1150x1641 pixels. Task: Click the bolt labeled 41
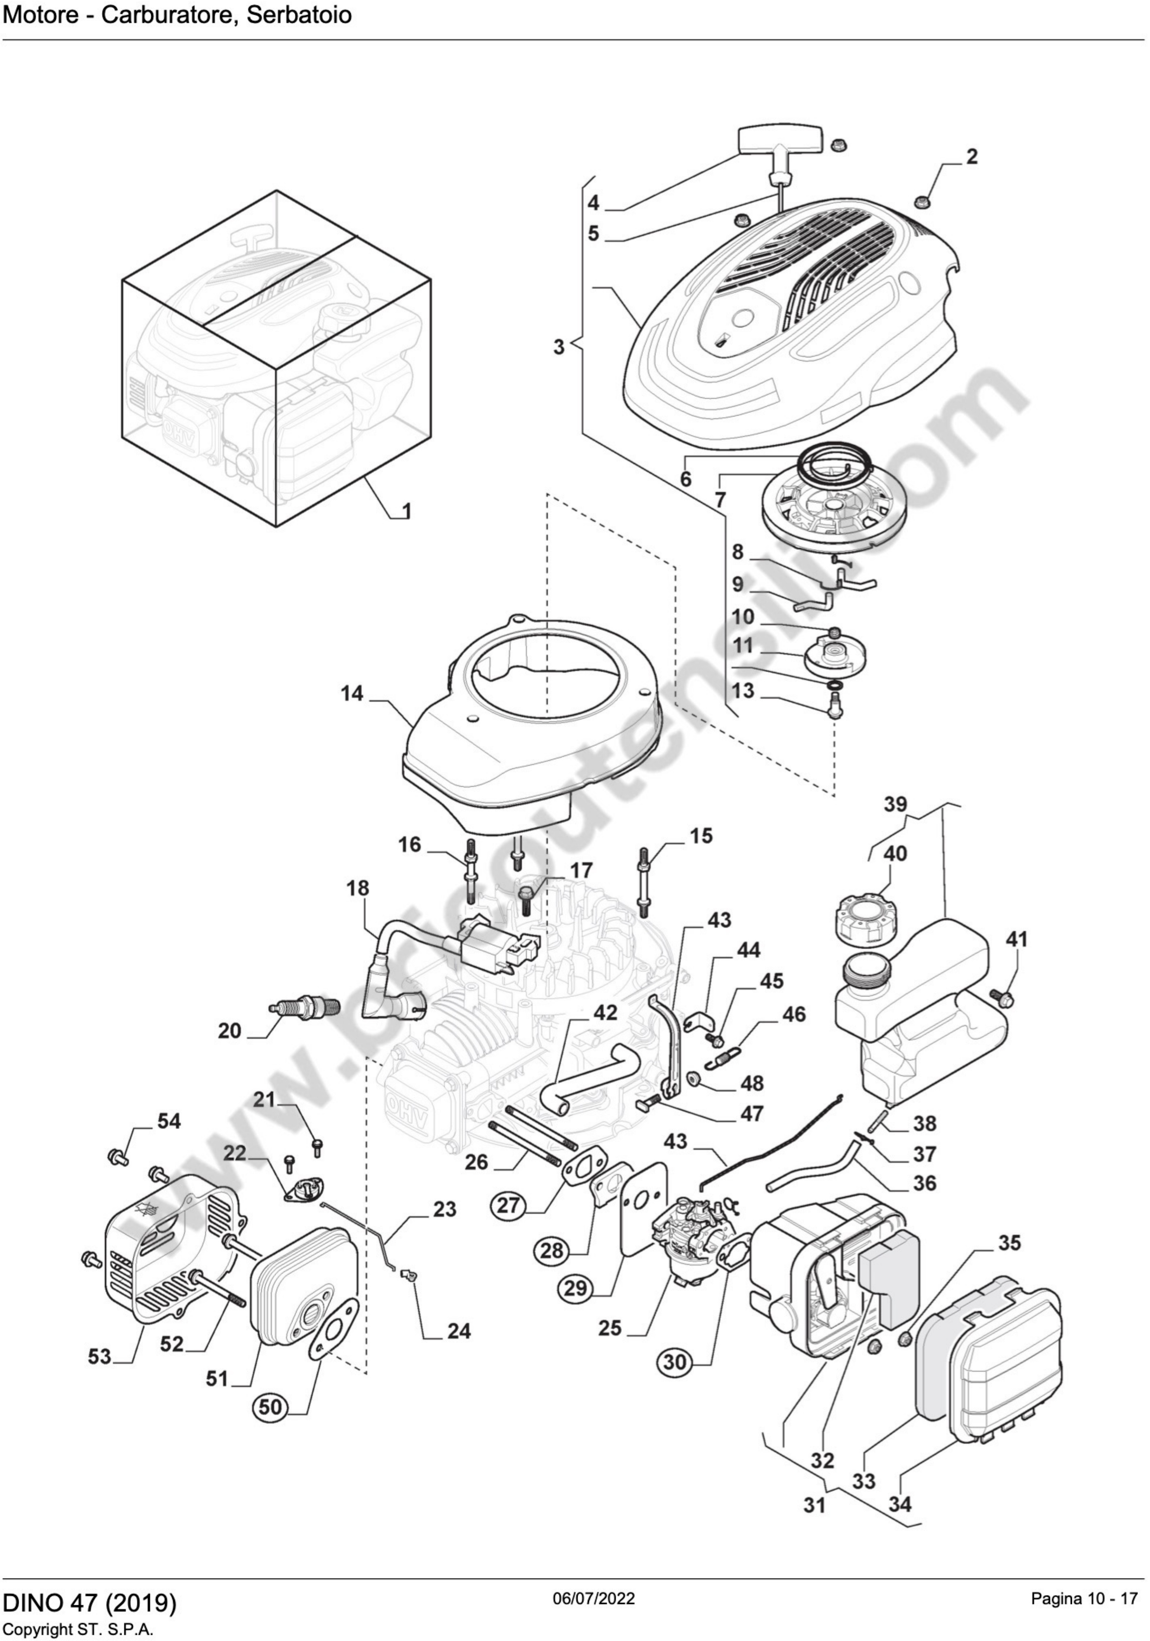tap(1005, 997)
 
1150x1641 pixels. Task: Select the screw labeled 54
tap(116, 1155)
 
